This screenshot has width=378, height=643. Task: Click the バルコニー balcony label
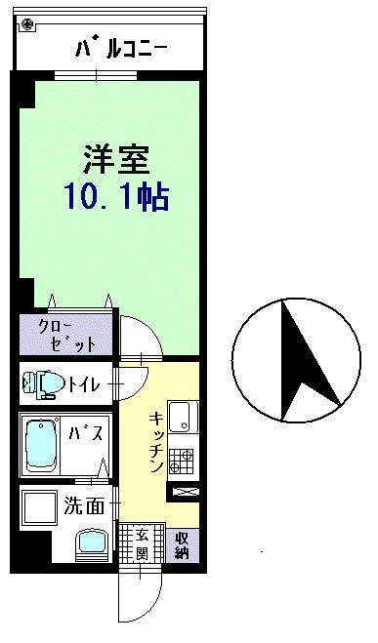point(121,49)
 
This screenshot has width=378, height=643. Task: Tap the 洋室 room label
point(116,159)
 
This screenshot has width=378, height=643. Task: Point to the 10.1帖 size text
point(116,198)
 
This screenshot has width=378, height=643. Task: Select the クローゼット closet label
point(66,336)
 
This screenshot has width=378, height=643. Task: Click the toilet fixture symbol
point(43,384)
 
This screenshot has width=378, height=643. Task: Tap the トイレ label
point(84,384)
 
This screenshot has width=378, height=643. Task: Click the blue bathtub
point(41,446)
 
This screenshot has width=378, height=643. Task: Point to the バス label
point(85,433)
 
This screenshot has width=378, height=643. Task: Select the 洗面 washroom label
point(84,506)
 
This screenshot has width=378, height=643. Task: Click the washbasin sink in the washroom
point(92,544)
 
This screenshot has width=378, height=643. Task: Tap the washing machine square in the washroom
point(40,507)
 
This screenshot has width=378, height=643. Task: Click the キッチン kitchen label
point(157,442)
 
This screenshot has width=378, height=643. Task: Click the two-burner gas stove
point(182,461)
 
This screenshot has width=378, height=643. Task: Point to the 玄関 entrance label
point(142,545)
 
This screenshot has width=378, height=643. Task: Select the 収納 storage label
point(182,545)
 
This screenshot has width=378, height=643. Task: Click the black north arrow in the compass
point(307,360)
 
